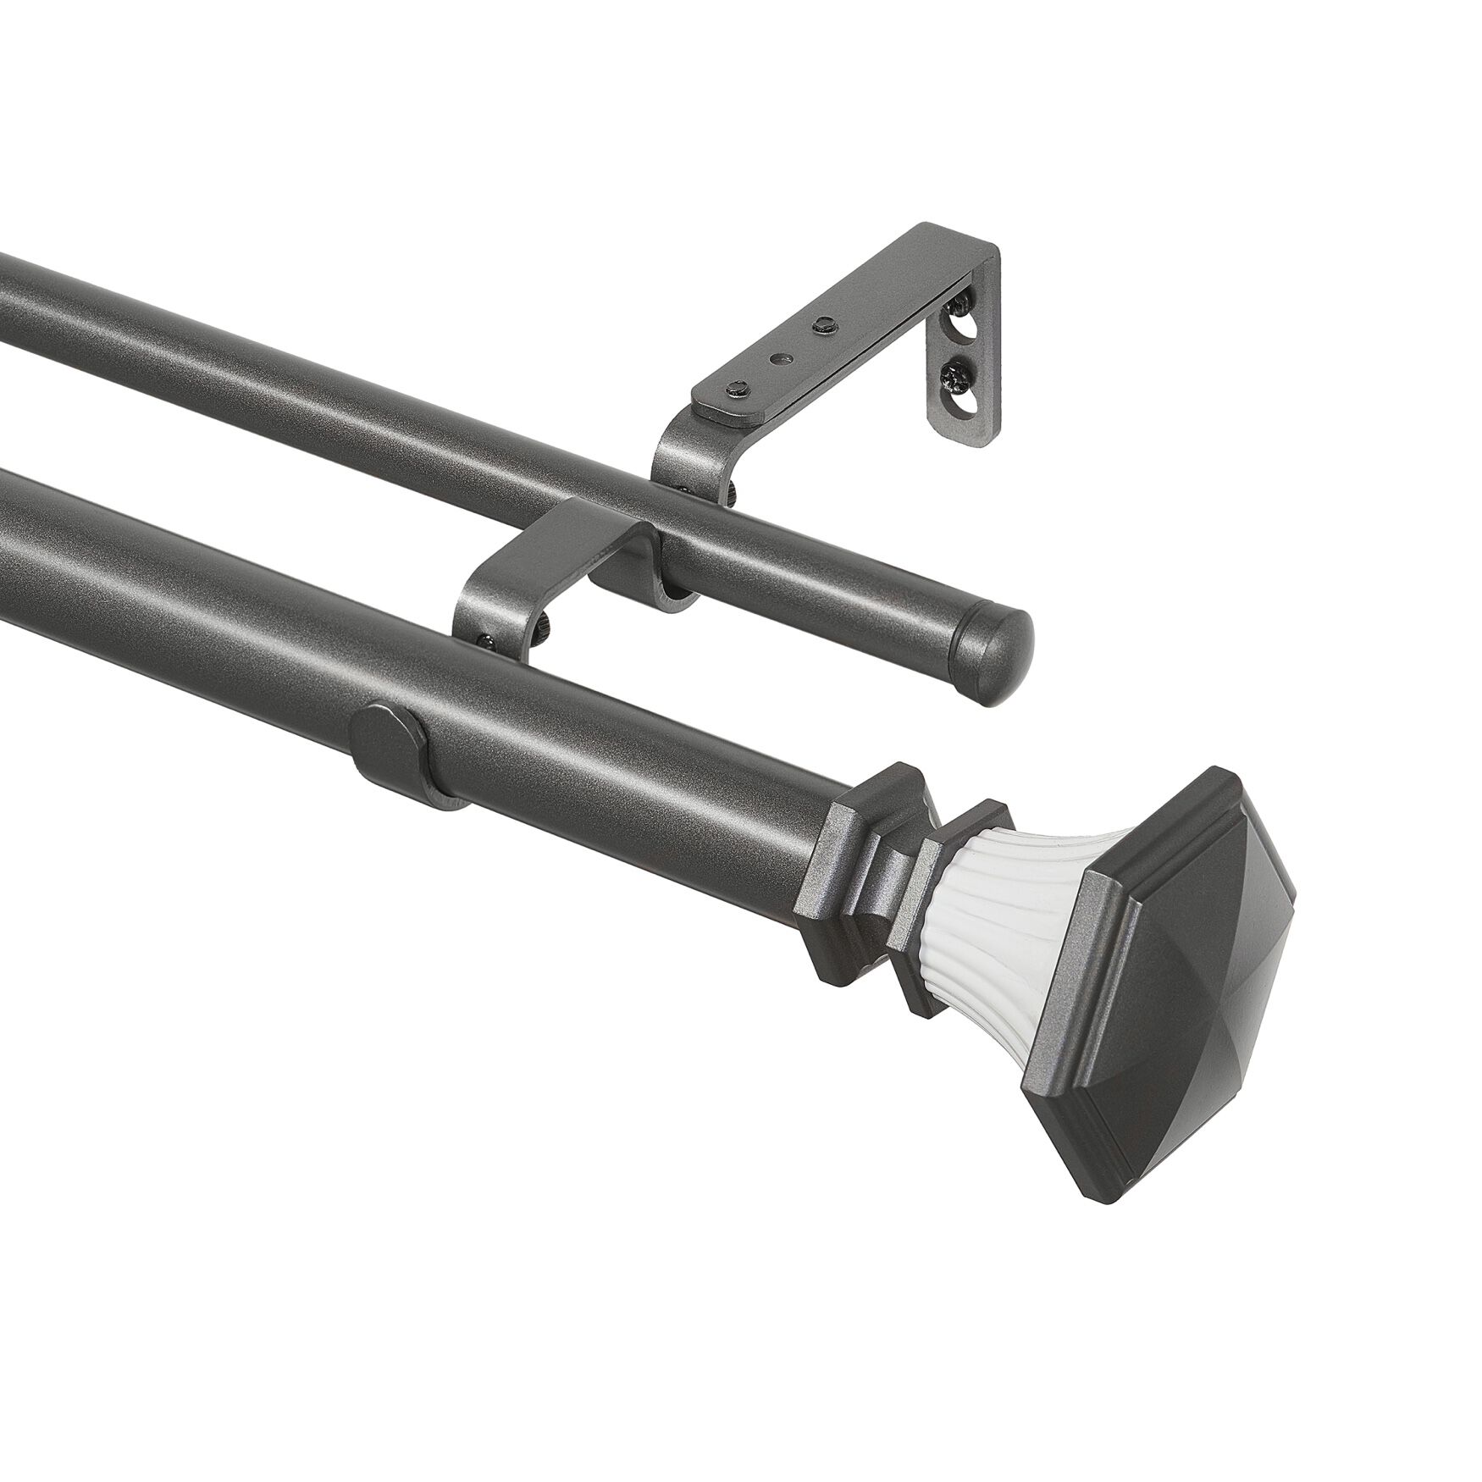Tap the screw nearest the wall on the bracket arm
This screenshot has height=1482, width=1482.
821,323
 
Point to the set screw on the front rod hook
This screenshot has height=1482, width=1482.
484,641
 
